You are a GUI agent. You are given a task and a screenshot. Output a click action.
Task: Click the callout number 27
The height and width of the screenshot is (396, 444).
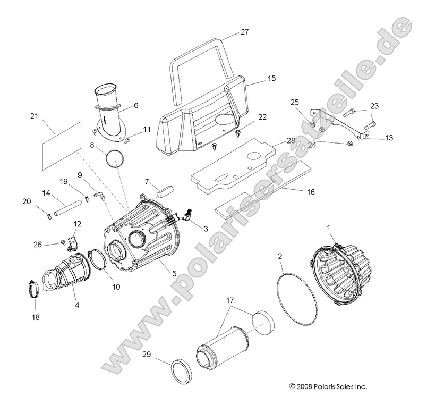coord(244,32)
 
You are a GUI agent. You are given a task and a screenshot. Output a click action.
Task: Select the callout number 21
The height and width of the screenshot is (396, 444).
coord(35,115)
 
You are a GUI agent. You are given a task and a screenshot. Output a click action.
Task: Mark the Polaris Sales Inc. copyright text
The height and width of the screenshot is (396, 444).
coord(328,386)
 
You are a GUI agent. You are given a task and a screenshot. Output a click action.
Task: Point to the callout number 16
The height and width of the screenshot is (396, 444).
coord(310,192)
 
